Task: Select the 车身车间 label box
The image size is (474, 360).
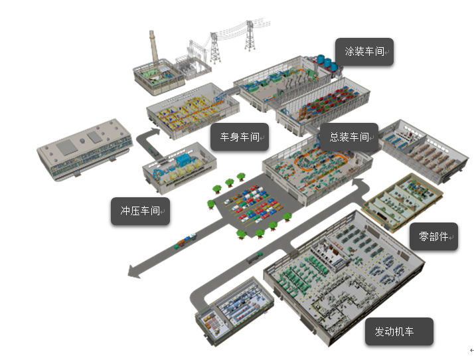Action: [x=240, y=137]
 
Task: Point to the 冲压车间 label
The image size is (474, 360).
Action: [x=140, y=211]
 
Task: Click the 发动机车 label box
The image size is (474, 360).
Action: [x=399, y=331]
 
